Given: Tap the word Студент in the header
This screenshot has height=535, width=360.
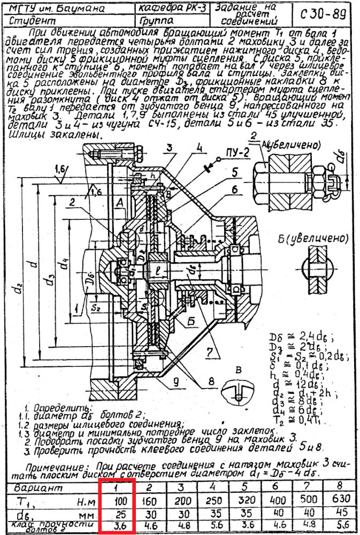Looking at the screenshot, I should coord(33,21).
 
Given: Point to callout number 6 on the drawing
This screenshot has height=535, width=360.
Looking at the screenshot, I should coord(234,189).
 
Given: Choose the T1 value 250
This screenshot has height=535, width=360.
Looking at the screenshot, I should coord(212,500).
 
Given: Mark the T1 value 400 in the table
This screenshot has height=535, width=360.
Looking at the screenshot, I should coord(274,500).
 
